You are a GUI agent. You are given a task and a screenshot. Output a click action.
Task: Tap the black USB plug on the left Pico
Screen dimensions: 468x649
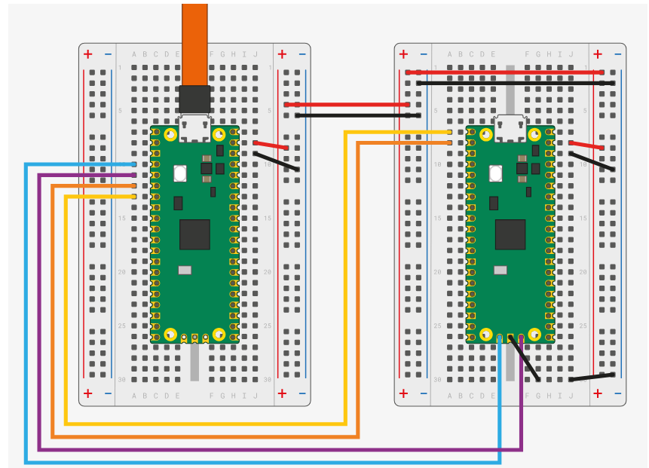pos(194,99)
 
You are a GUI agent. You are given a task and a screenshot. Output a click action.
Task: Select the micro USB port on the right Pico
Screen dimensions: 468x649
pos(510,128)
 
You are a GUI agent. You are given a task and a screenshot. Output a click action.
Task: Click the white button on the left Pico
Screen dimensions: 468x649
pos(180,173)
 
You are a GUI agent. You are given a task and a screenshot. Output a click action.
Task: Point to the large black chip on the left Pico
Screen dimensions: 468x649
pos(194,234)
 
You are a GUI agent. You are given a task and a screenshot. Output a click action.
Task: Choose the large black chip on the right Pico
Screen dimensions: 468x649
pos(510,234)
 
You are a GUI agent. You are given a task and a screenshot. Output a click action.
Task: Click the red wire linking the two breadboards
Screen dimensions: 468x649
pos(347,105)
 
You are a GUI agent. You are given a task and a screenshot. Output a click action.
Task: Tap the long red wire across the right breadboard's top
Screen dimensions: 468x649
pos(505,72)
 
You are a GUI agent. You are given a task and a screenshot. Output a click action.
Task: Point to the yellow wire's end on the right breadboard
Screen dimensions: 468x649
pos(449,132)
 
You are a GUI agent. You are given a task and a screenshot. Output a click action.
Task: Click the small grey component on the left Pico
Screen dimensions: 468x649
pos(185,270)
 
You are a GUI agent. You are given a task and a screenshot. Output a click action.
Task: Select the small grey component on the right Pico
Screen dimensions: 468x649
pos(501,270)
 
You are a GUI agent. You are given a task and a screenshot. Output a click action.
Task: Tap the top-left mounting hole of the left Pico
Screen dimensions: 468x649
pos(171,135)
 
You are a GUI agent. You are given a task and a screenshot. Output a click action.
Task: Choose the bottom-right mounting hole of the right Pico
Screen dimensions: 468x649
pos(534,333)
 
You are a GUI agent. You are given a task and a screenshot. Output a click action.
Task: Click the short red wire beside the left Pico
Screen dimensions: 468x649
pos(271,145)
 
